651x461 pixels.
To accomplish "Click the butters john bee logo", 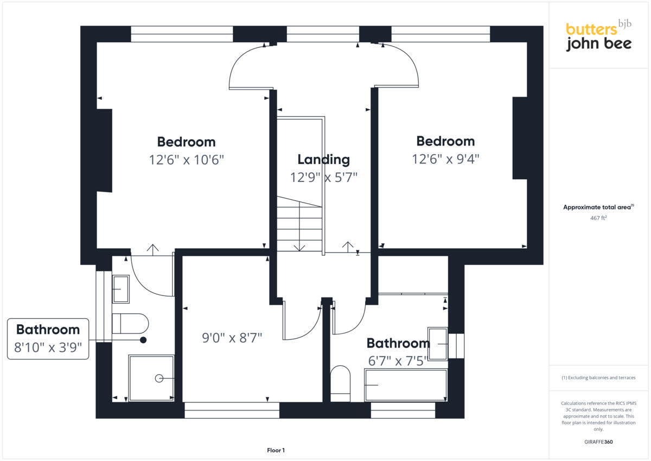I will click(598, 36).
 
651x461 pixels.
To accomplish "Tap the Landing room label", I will click(323, 159).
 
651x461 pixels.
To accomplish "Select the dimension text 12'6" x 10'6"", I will click(186, 160).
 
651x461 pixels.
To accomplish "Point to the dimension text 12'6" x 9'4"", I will click(445, 159).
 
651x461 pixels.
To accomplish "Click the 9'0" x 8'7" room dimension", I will click(232, 338).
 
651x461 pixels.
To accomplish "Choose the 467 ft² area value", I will click(598, 218).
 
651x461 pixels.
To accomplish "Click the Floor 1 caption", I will click(276, 450).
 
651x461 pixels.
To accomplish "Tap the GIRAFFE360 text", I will click(598, 442).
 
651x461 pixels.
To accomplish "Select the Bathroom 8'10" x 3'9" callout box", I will click(48, 339).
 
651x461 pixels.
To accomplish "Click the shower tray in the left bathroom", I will click(151, 378).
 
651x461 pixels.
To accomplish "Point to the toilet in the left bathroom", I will click(130, 324).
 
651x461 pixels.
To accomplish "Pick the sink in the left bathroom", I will click(120, 289).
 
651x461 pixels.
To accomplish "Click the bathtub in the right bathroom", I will click(406, 385).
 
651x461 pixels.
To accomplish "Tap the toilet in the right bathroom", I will click(341, 383).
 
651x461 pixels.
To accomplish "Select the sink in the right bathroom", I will click(438, 343).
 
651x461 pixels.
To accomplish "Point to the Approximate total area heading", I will click(598, 207).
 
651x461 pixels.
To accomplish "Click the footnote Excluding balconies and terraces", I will click(598, 377).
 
